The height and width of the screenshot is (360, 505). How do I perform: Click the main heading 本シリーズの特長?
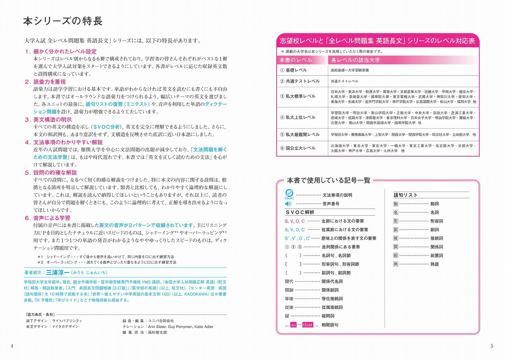(63, 21)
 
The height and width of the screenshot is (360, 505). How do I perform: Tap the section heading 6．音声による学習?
(47, 218)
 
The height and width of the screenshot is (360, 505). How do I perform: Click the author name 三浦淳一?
(57, 272)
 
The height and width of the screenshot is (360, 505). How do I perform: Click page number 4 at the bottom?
(12, 347)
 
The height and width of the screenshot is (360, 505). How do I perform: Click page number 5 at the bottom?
(492, 347)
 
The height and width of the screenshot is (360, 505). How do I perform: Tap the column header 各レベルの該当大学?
(355, 60)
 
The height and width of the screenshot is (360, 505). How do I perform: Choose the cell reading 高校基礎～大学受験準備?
(350, 70)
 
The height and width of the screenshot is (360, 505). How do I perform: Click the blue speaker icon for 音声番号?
(288, 204)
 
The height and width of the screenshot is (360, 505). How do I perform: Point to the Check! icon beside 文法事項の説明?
(288, 194)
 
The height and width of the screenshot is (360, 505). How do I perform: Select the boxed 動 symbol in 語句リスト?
(396, 204)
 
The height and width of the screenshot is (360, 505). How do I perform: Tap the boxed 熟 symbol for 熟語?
(396, 264)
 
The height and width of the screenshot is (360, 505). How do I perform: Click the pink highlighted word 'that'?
(308, 325)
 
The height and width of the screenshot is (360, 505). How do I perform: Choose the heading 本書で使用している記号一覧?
(329, 181)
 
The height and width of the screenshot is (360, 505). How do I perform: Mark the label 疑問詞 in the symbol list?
(328, 316)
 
